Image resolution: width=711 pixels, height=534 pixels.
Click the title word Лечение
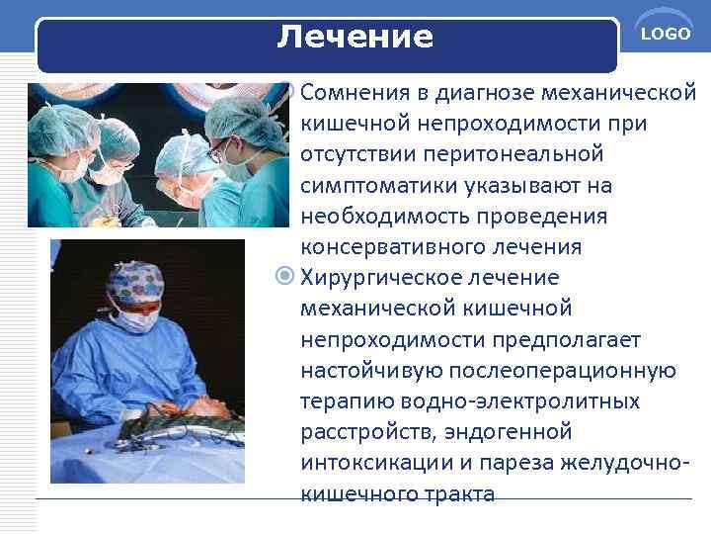coord(355,38)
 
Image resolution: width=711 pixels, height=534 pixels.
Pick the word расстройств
coord(358,432)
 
